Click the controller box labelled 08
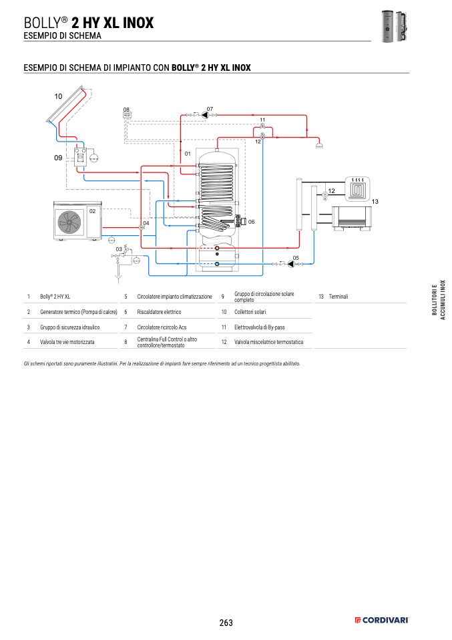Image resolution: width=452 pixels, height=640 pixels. (127, 115)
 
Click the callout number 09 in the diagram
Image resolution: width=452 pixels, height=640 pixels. (58, 158)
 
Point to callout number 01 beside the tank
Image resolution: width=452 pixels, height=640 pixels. (188, 154)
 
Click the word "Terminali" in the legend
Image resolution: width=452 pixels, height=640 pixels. (338, 296)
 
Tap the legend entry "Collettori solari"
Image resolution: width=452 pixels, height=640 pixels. (250, 312)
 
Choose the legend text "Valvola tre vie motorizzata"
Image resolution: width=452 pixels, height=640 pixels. (67, 341)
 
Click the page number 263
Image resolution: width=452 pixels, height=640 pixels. (226, 623)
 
